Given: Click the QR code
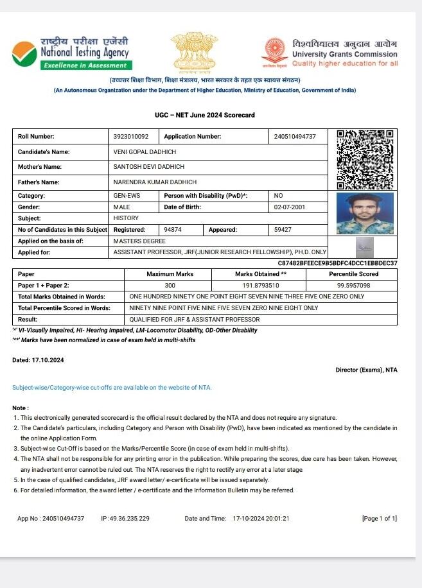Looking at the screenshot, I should pos(364,159).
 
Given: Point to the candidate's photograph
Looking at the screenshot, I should pos(364,214).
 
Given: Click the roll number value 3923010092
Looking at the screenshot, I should pos(131,137).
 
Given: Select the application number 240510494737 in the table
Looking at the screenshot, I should pos(295,137).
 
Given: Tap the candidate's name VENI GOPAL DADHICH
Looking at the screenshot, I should pos(144,152).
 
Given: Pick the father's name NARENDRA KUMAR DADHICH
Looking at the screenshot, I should pos(155,182).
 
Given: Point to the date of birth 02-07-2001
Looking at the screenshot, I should pos(290,207).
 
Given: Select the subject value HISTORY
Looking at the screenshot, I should pos(126,218).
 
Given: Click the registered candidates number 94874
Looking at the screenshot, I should pos(173,229).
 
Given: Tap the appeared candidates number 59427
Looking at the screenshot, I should pos(283,229).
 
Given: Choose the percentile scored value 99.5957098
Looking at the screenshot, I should pos(353,285).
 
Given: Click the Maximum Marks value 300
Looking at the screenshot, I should pos(170,285).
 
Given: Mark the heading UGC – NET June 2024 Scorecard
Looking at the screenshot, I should pos(205,115).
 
